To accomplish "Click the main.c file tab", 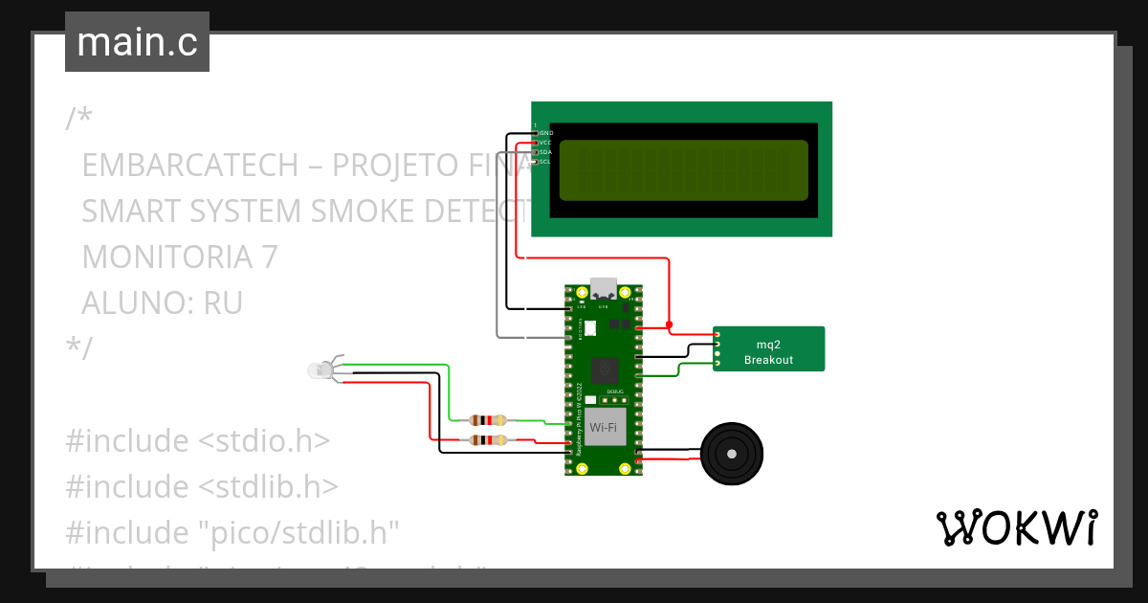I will [137, 42].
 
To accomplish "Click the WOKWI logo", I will [1016, 528].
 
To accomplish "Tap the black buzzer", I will [733, 455].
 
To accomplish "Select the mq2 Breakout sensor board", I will [768, 349].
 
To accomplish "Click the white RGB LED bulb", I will [320, 369].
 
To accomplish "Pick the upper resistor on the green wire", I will [489, 420].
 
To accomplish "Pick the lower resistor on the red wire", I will [489, 440].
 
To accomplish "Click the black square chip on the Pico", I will [606, 370].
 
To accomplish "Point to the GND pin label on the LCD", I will [545, 132].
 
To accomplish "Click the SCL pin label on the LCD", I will [544, 162].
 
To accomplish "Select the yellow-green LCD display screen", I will [683, 170].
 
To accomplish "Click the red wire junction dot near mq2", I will [669, 324].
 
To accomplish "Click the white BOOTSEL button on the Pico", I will [589, 327].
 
